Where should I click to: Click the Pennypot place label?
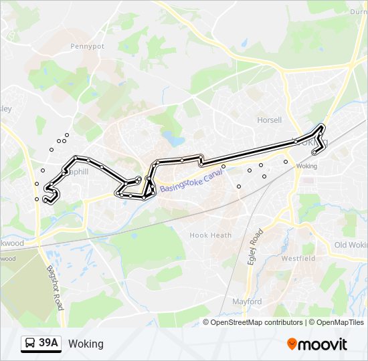pyautogui.click(x=88, y=47)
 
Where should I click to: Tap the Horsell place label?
pyautogui.click(x=270, y=120)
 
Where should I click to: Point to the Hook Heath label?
pyautogui.click(x=210, y=235)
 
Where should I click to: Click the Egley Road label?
pyautogui.click(x=255, y=246)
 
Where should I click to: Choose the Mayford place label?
pyautogui.click(x=247, y=302)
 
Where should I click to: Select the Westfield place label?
pyautogui.click(x=298, y=257)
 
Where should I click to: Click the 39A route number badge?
pyautogui.click(x=48, y=344)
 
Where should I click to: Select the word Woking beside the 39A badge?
pyautogui.click(x=86, y=344)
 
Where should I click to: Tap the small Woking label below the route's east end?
pyautogui.click(x=306, y=166)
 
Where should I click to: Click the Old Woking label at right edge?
pyautogui.click(x=351, y=245)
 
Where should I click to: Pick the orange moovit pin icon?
pyautogui.click(x=292, y=344)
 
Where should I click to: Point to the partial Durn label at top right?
pyautogui.click(x=359, y=11)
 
